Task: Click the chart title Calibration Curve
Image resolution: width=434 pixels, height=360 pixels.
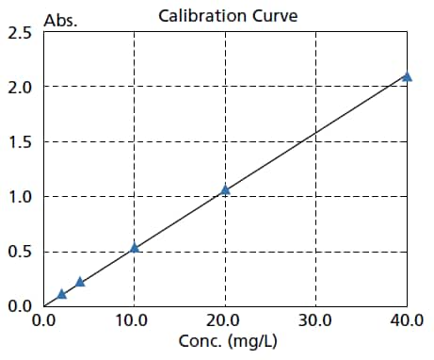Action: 227,15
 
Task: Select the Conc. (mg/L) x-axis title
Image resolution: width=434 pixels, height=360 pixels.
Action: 225,341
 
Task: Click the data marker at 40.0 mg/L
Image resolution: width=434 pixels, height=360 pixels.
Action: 407,76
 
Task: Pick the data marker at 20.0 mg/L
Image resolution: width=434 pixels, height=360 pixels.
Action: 225,189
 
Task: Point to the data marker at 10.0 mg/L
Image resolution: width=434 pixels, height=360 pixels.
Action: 135,247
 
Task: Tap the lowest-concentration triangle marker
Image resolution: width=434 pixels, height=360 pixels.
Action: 62,294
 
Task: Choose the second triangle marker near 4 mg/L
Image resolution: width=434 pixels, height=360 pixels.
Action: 80,282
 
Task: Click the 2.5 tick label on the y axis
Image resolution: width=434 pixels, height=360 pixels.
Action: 19,34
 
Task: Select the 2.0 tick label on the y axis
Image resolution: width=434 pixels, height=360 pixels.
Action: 19,88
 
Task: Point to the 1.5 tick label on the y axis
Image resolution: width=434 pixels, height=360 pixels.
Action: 19,142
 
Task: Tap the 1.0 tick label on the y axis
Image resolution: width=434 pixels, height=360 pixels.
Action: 19,197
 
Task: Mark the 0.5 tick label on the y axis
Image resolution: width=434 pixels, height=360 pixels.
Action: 19,252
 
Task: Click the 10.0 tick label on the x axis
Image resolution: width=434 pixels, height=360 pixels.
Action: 131,320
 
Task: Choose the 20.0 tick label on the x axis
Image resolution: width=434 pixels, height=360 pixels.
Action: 224,320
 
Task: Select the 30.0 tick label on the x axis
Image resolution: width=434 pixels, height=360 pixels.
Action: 315,320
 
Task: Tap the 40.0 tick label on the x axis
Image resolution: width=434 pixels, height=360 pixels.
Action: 407,320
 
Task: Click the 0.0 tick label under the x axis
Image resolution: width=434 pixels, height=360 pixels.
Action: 43,320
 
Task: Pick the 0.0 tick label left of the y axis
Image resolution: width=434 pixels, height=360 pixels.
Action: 19,305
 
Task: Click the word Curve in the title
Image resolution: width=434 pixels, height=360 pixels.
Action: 277,15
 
